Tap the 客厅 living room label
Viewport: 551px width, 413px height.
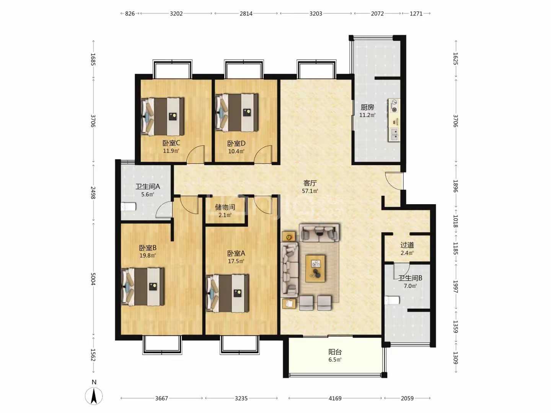(x=310, y=183)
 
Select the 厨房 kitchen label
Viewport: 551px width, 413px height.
(x=367, y=107)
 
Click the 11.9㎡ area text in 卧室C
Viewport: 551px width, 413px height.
(x=171, y=151)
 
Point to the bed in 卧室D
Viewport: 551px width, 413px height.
(x=237, y=112)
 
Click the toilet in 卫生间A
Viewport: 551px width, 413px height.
(x=129, y=207)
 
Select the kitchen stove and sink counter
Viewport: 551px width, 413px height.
(x=394, y=120)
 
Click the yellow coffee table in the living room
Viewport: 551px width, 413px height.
(x=315, y=268)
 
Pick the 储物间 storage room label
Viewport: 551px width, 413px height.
(x=225, y=207)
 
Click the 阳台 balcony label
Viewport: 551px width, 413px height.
(x=335, y=352)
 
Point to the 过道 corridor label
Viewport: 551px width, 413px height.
(x=407, y=245)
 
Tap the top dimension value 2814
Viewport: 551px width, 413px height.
(x=246, y=13)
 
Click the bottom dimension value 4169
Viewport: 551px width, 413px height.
(x=335, y=398)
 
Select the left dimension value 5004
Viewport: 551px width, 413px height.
(x=93, y=279)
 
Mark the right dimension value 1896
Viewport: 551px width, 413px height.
(x=456, y=186)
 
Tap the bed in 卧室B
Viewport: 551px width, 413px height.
(x=143, y=287)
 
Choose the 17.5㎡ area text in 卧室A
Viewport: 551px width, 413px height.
(x=236, y=261)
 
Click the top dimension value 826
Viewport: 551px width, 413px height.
(x=130, y=13)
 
